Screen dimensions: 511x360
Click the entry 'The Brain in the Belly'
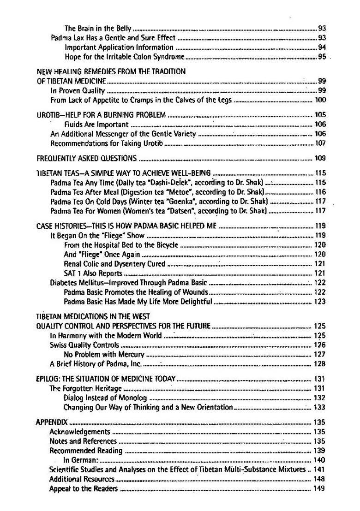(x=98, y=28)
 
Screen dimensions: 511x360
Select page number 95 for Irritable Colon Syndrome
(x=322, y=57)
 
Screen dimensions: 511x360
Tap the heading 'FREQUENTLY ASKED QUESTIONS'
(x=86, y=158)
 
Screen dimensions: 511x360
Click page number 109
(x=320, y=158)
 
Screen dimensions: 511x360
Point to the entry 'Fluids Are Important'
(x=96, y=124)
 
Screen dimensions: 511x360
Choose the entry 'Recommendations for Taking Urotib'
(x=107, y=143)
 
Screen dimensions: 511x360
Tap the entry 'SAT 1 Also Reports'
(x=93, y=273)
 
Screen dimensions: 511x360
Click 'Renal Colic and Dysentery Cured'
(x=114, y=264)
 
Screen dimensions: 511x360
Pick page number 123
(x=320, y=302)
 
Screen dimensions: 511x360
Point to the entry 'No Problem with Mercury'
(x=104, y=354)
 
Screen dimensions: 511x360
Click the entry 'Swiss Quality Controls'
(x=84, y=345)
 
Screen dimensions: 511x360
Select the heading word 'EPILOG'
(x=48, y=379)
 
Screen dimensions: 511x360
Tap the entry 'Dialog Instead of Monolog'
(x=105, y=398)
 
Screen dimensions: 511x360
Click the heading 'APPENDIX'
(x=52, y=422)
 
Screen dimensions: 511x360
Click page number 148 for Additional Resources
(x=319, y=479)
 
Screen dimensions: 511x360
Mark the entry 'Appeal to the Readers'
(x=84, y=488)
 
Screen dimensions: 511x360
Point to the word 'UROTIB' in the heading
(x=48, y=115)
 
